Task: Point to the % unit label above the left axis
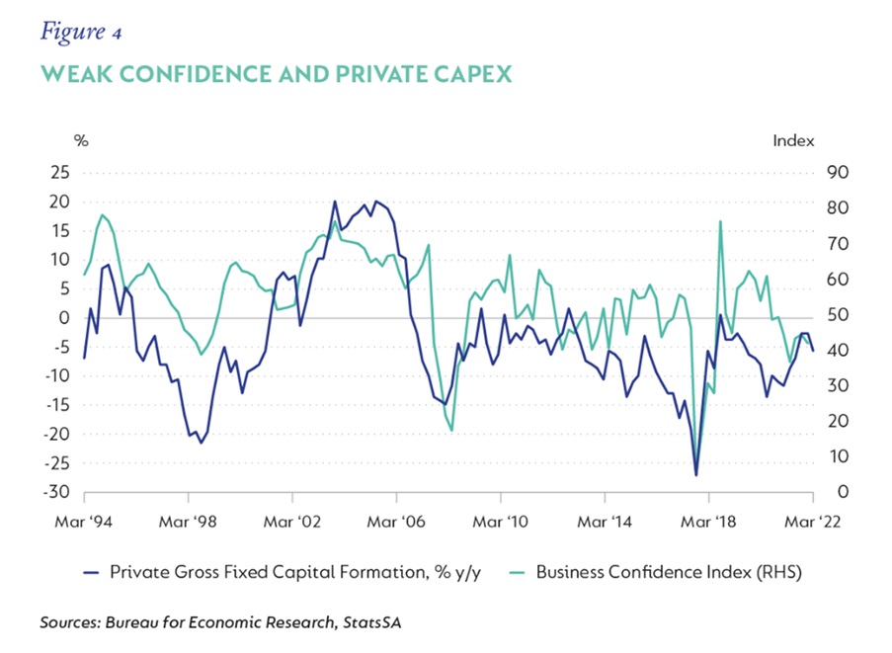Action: coord(82,140)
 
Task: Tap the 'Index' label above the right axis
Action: coord(793,140)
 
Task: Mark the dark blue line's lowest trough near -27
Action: coord(696,475)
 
